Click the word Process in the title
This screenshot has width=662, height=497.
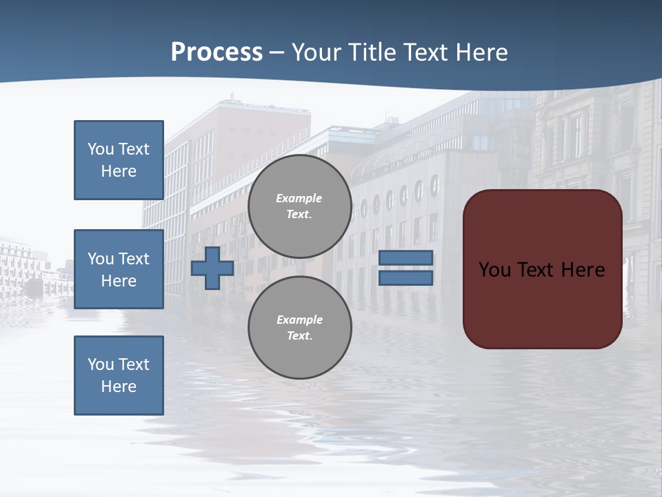click(217, 52)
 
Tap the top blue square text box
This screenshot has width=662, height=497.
click(119, 160)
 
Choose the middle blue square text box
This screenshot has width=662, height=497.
click(119, 269)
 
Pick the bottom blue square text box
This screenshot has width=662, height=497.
click(119, 376)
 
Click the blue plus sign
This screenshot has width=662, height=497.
click(212, 268)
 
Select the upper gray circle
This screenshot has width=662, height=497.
click(299, 206)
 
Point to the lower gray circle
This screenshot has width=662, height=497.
click(299, 328)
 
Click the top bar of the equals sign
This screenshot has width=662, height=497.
click(406, 257)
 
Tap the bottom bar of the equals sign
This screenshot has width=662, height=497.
click(406, 278)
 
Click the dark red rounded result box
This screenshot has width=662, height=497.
click(543, 269)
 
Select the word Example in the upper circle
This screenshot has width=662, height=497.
click(299, 198)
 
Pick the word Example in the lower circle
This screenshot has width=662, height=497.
click(299, 320)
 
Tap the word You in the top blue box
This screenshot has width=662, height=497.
click(100, 149)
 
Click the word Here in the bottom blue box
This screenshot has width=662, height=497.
click(119, 387)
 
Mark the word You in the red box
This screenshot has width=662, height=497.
click(494, 270)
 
